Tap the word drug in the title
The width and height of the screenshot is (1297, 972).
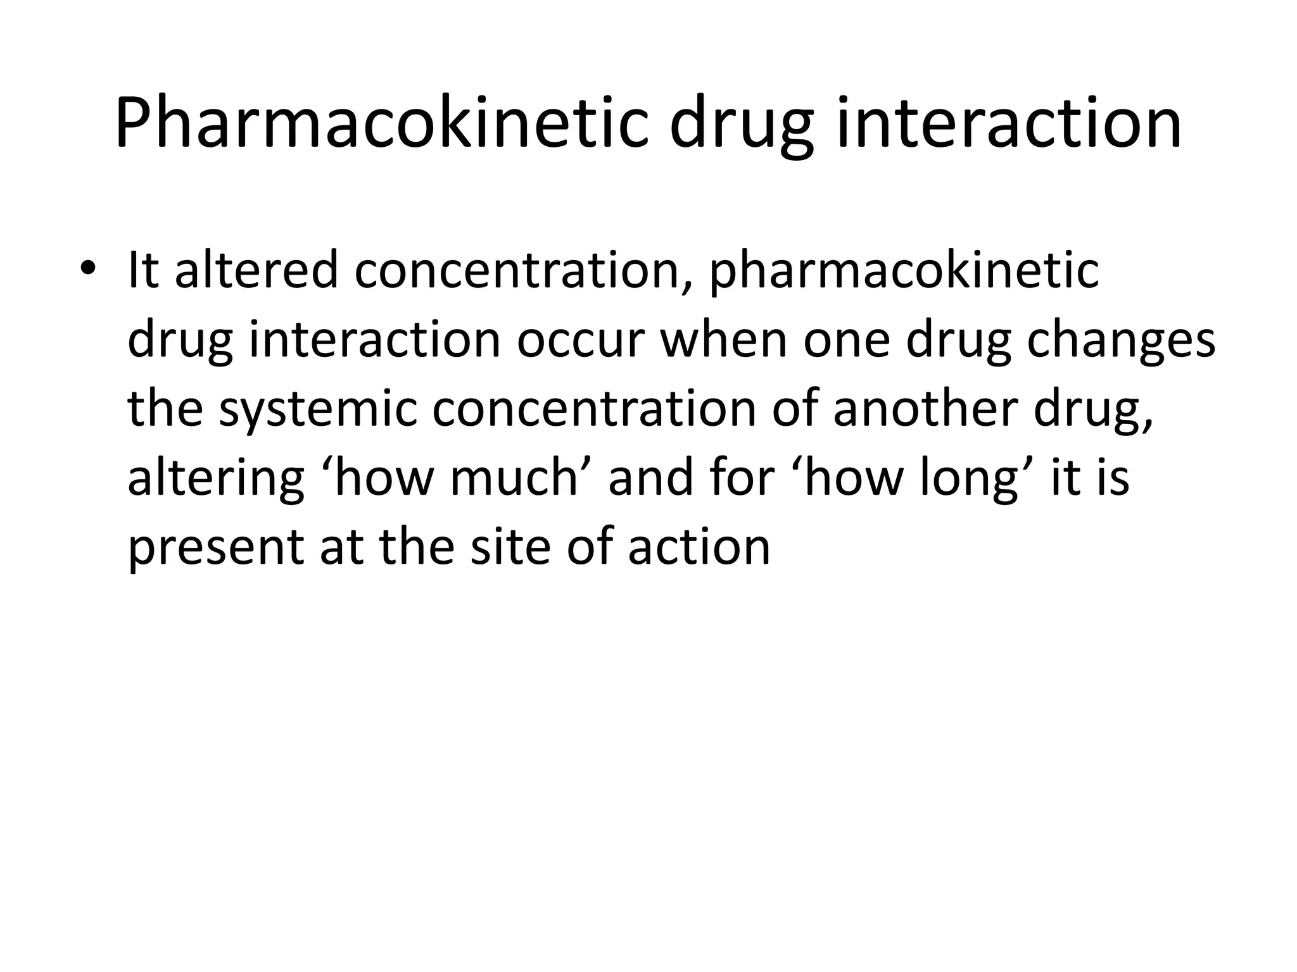(741, 127)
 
